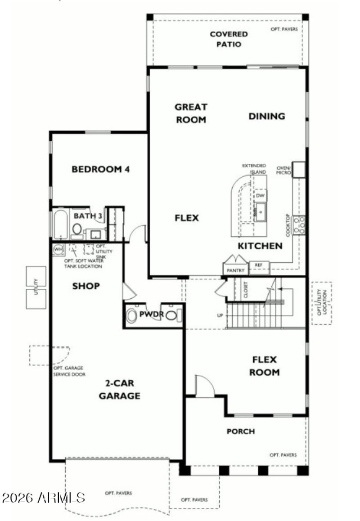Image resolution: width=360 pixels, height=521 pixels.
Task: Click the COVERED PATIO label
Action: coord(229,39)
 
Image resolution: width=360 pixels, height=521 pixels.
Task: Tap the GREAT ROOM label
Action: coord(191,113)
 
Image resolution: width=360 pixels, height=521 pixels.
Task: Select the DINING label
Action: coord(267,116)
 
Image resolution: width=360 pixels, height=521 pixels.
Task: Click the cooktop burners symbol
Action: coord(299,225)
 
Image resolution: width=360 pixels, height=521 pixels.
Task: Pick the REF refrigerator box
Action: coord(258,265)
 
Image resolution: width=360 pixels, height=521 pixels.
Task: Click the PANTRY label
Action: coord(236,270)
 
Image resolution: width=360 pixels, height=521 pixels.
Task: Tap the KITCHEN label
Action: coord(260,246)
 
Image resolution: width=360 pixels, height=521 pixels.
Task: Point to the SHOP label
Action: coord(86,286)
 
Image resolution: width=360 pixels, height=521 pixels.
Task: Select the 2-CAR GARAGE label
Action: coord(119,390)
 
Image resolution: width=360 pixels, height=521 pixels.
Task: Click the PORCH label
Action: coord(240,431)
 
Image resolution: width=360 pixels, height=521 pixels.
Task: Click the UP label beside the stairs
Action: coord(220,315)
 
